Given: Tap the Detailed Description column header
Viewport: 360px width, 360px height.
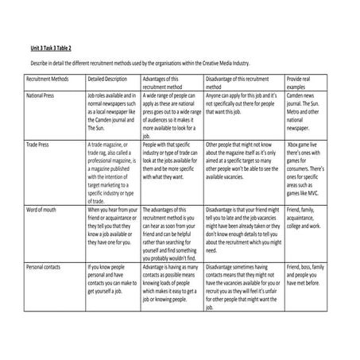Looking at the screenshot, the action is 106,80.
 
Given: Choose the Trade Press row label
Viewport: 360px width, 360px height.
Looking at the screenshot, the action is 41,145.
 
